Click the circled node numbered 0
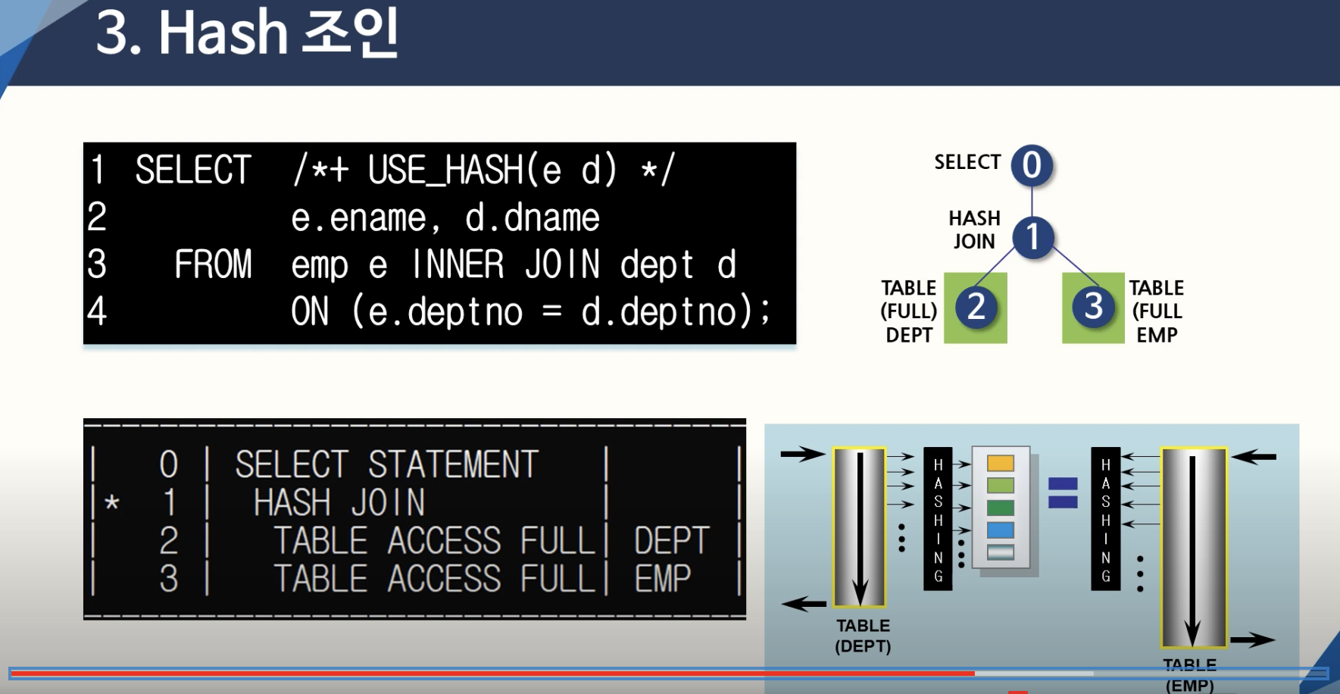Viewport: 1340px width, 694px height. click(1032, 165)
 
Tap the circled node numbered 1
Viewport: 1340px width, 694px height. click(1033, 237)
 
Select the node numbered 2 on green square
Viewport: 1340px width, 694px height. click(976, 307)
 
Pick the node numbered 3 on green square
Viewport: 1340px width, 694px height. click(1093, 307)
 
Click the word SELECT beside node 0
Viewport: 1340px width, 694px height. click(967, 162)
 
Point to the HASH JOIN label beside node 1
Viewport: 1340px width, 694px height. click(974, 230)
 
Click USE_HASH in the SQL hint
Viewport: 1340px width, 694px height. click(445, 170)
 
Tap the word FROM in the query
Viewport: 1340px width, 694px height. click(213, 264)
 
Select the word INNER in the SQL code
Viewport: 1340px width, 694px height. click(458, 264)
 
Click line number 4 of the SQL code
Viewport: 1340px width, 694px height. click(97, 311)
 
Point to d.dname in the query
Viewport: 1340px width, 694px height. click(533, 218)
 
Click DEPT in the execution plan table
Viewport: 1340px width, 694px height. click(671, 541)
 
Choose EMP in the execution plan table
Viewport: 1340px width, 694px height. click(663, 579)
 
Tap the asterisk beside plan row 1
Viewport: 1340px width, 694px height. click(112, 502)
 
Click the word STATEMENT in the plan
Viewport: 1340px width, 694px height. click(453, 464)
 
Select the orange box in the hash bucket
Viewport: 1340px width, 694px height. click(1000, 463)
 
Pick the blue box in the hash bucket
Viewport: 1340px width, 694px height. click(1000, 530)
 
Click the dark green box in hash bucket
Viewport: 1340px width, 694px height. click(1000, 508)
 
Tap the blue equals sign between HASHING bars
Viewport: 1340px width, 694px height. click(1063, 492)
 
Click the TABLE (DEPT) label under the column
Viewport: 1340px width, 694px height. click(863, 636)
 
